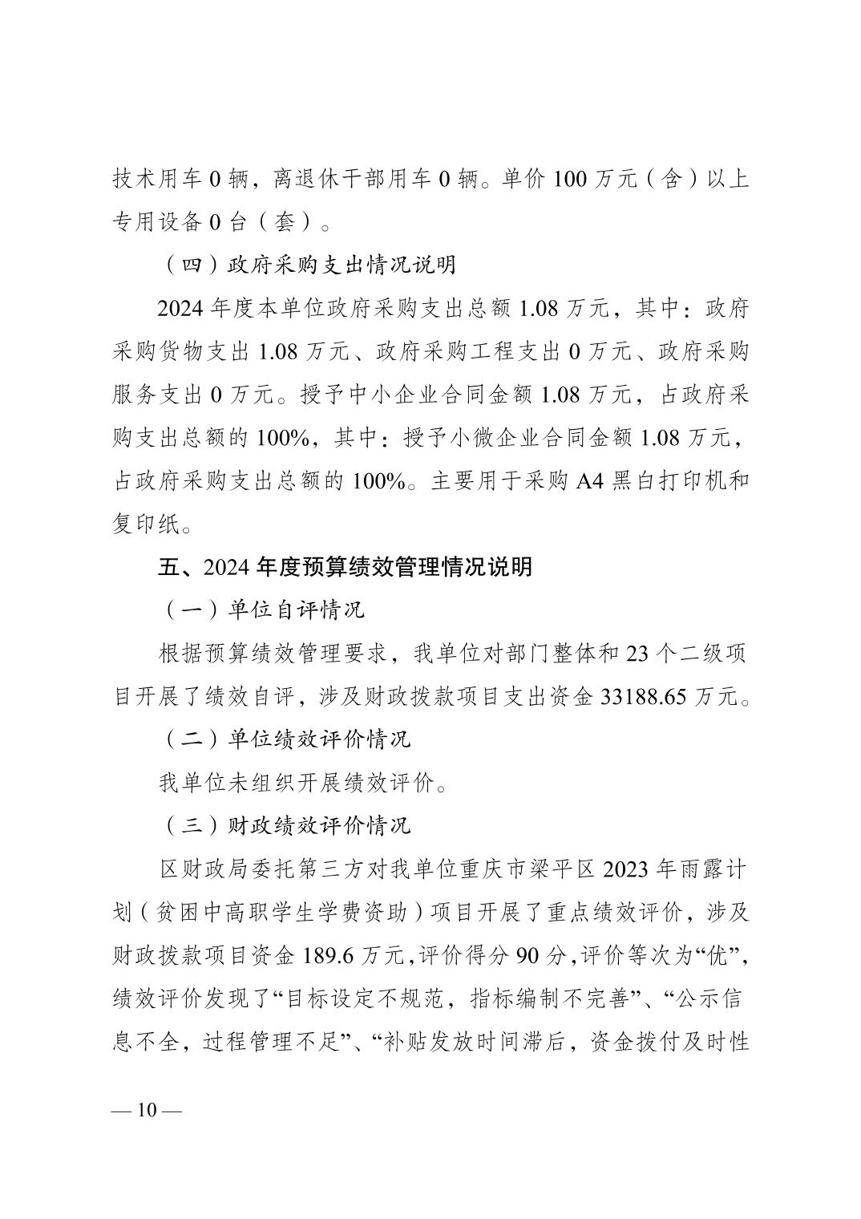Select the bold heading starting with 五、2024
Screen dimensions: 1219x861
[345, 567]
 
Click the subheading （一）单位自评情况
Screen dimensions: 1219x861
[263, 610]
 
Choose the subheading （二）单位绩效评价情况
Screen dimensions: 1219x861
[286, 739]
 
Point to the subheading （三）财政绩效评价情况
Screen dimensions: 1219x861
[286, 826]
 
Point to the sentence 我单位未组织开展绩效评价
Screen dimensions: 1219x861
[297, 783]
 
